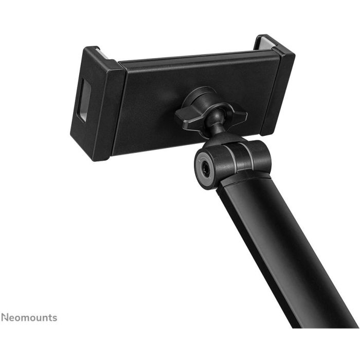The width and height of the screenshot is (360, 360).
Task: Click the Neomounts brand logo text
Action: pyautogui.click(x=29, y=318)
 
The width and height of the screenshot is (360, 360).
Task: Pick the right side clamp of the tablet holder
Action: pyautogui.click(x=275, y=87)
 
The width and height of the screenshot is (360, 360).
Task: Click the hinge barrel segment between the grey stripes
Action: pyautogui.click(x=239, y=154)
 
